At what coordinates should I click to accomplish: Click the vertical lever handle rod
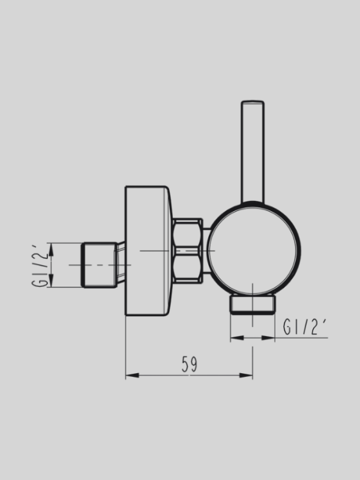pos(252,154)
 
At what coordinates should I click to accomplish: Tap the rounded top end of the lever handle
pos(252,104)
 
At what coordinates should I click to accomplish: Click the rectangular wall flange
pos(147,251)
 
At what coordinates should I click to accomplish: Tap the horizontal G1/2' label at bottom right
pos(306,327)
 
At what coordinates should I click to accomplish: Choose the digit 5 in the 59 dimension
pos(184,365)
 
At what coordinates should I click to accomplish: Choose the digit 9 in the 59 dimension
pos(193,365)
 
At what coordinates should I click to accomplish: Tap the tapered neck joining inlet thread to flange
pos(119,264)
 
